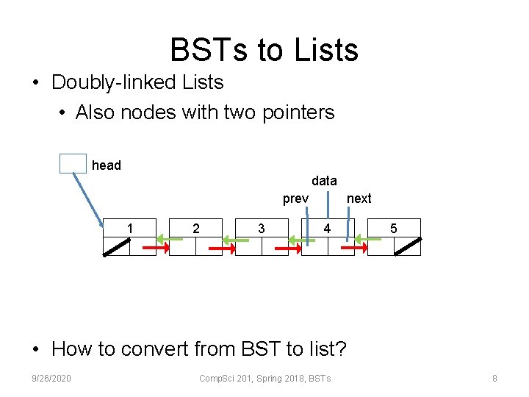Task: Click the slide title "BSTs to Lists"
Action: click(264, 50)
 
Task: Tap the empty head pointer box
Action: click(73, 163)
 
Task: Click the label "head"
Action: click(107, 165)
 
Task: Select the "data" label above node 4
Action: click(324, 180)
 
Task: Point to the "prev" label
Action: click(295, 198)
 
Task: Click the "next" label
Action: click(359, 198)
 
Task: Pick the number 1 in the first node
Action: click(130, 229)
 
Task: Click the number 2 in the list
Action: click(195, 229)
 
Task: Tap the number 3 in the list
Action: click(262, 229)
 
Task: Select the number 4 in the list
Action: click(328, 229)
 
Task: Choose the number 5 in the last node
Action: click(394, 229)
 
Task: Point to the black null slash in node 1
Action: click(116, 247)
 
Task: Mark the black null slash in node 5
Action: click(407, 246)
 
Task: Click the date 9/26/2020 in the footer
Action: click(52, 379)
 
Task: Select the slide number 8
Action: click(494, 379)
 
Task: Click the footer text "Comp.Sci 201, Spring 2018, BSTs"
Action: click(265, 379)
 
